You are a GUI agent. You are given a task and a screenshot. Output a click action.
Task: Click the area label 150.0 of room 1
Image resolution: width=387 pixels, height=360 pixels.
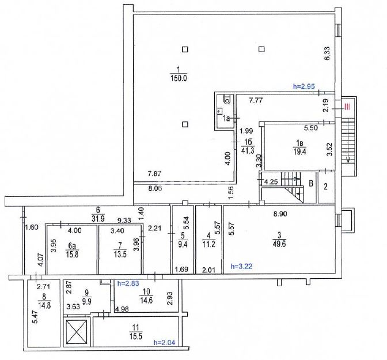click(x=178, y=78)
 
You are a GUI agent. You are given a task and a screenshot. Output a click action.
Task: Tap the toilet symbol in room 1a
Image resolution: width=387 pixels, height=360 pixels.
click(x=226, y=99)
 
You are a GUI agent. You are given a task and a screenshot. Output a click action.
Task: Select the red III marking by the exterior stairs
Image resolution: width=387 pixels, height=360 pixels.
click(x=347, y=107)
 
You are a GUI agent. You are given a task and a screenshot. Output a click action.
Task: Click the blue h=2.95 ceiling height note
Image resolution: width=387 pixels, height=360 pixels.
click(x=303, y=86)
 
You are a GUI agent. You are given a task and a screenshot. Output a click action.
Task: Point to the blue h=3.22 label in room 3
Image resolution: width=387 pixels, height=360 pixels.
click(x=241, y=266)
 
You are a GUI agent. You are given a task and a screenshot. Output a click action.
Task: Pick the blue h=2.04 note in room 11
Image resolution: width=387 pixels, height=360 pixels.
click(x=164, y=343)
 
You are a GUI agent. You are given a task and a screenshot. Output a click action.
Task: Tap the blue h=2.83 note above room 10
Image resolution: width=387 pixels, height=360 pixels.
click(x=128, y=283)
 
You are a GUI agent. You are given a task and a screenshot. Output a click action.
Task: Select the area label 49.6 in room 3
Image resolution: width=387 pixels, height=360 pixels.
click(x=279, y=244)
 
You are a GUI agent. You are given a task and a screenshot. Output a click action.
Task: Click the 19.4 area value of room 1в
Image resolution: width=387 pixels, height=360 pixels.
click(x=299, y=151)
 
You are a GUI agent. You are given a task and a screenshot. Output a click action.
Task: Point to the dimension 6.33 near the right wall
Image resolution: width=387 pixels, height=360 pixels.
click(x=327, y=54)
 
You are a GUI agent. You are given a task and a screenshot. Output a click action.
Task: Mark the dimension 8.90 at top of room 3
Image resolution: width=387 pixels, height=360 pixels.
click(x=280, y=214)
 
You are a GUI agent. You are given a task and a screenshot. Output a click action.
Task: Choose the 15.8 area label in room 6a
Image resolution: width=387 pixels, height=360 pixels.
click(x=72, y=254)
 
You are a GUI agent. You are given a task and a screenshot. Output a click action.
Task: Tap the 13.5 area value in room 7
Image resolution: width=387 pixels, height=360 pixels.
click(x=120, y=254)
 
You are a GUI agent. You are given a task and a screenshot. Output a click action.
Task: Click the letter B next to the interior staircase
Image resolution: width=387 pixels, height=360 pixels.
click(x=311, y=184)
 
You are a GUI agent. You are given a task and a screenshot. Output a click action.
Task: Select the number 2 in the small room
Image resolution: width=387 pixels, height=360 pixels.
click(x=326, y=187)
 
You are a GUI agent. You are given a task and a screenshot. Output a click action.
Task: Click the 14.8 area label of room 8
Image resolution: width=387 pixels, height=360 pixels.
click(x=44, y=305)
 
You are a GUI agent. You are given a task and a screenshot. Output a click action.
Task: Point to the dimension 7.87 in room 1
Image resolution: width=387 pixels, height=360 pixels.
click(x=154, y=173)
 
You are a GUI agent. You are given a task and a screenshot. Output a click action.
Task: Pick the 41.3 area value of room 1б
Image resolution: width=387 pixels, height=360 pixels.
click(x=248, y=151)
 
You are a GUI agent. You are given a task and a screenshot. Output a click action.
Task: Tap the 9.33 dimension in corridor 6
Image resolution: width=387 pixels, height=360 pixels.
click(x=124, y=220)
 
